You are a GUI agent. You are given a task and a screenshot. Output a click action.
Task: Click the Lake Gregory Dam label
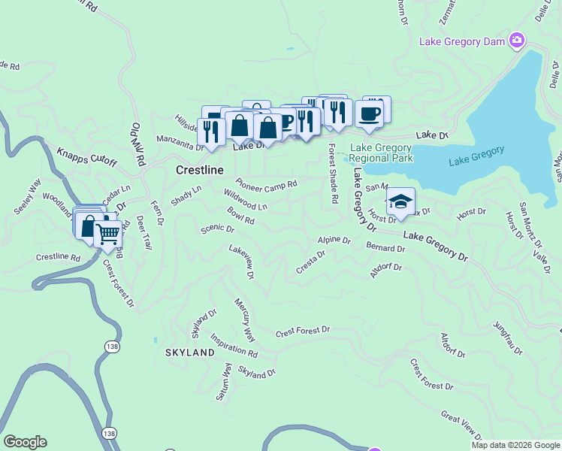pos(461,41)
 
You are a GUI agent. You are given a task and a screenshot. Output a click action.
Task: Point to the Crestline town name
pos(200,171)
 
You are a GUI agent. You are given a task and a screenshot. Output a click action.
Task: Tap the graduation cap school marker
pos(401,201)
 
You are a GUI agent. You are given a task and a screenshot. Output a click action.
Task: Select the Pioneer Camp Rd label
pos(266,183)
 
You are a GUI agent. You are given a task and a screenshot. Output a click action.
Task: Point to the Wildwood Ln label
pos(245,200)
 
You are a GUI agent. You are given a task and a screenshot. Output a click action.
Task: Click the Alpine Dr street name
pos(334,241)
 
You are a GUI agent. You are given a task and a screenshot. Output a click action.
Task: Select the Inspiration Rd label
pos(234,344)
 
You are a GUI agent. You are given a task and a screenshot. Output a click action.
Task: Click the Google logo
pos(25,442)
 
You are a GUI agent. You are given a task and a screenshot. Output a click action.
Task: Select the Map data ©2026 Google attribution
pos(515,445)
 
